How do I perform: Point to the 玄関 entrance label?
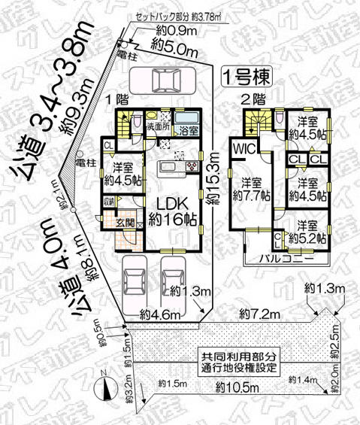point(126,222)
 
